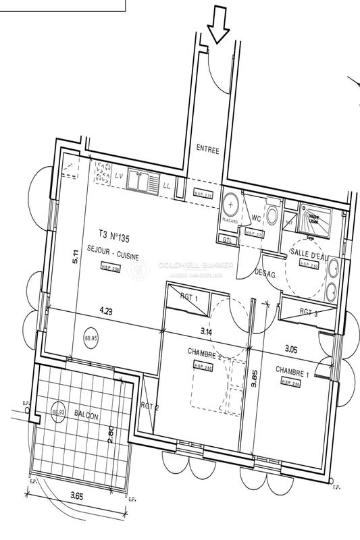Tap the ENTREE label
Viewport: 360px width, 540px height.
(x=207, y=151)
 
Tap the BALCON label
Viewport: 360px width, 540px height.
(x=86, y=417)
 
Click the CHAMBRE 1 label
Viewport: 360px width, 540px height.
(x=292, y=370)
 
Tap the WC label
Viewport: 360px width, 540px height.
(x=256, y=218)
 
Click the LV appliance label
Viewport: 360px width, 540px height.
(x=119, y=175)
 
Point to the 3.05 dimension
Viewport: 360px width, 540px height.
(x=291, y=349)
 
